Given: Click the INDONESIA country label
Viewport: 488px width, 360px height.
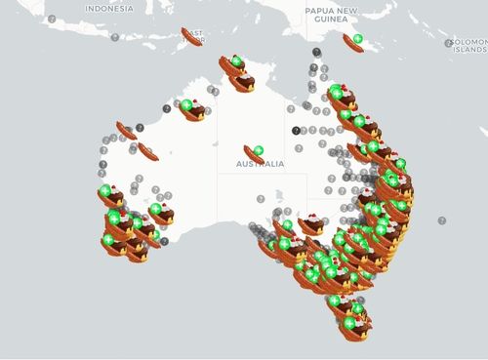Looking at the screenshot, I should coord(107,8).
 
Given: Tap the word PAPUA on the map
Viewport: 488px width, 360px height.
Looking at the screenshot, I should coord(319,11).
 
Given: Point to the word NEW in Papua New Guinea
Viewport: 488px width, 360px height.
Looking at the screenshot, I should coord(347,11).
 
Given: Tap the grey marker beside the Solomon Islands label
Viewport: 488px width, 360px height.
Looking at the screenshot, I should coord(448,43).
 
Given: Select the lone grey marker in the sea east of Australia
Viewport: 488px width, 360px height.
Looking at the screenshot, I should coord(442,220).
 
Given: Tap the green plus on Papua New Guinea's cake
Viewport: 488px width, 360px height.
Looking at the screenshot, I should coord(358,38).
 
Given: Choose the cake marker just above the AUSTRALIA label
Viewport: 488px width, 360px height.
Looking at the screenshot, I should coord(254,154).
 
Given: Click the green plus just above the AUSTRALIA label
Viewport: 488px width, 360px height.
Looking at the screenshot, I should coord(259,150).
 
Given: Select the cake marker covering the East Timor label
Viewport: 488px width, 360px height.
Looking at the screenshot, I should coord(191,37).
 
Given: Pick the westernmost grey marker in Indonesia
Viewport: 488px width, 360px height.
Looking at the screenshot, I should coord(52,19).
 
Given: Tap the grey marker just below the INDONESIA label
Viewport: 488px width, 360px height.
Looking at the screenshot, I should coord(114,37).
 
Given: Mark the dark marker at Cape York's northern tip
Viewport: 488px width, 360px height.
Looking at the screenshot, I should coord(316,52).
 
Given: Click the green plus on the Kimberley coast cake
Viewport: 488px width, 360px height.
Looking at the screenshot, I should coord(185,105).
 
